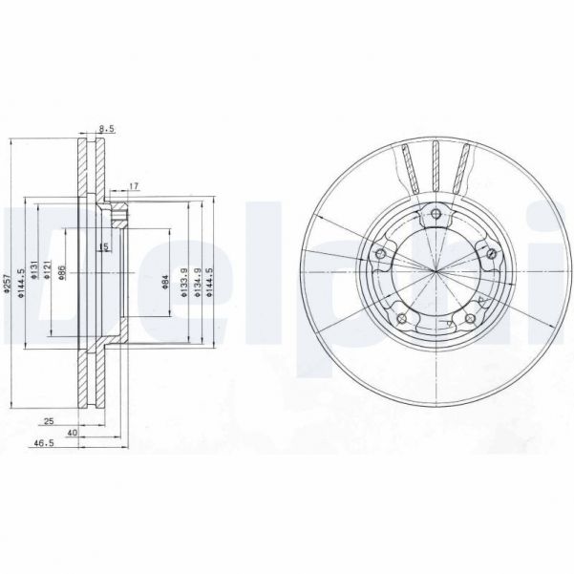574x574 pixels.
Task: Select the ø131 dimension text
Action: (34, 270)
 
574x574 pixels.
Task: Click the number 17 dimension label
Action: (133, 185)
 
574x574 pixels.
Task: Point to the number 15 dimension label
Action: (102, 247)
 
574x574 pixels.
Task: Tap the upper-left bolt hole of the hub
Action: (379, 253)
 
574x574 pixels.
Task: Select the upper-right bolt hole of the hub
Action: (490, 253)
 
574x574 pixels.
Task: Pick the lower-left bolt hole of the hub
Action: (400, 318)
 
